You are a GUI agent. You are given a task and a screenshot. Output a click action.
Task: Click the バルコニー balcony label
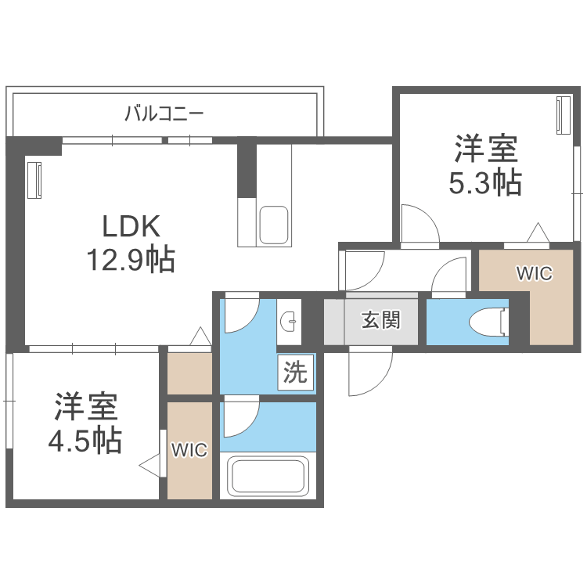pyautogui.click(x=164, y=113)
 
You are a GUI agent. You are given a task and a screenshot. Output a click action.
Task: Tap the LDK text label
pyautogui.click(x=131, y=225)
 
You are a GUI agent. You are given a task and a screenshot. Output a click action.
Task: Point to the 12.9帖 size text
pyautogui.click(x=131, y=259)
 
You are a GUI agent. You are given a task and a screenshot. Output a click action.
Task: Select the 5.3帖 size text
pyautogui.click(x=485, y=182)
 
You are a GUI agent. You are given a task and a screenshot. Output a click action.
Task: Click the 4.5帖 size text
pyautogui.click(x=85, y=441)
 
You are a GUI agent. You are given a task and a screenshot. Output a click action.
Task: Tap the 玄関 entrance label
pyautogui.click(x=380, y=320)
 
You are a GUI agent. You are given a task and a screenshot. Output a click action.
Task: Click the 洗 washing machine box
pyautogui.click(x=295, y=372)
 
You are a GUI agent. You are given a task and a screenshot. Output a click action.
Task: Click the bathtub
pyautogui.click(x=268, y=475)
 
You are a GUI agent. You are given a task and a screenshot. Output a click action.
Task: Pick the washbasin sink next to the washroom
pyautogui.click(x=289, y=321)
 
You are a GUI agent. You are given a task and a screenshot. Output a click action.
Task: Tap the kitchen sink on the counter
pyautogui.click(x=274, y=225)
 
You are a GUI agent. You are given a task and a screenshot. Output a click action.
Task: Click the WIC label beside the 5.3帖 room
pyautogui.click(x=535, y=273)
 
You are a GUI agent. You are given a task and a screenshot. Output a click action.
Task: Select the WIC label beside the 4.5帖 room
pyautogui.click(x=189, y=450)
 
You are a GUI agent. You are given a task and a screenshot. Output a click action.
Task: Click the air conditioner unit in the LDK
pyautogui.click(x=34, y=180)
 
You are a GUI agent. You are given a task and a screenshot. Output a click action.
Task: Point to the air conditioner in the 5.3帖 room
pyautogui.click(x=564, y=114)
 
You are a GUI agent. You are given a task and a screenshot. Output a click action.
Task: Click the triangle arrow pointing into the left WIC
pyautogui.click(x=149, y=466)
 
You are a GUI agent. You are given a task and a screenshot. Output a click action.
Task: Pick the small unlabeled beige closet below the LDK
pyautogui.click(x=189, y=373)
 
